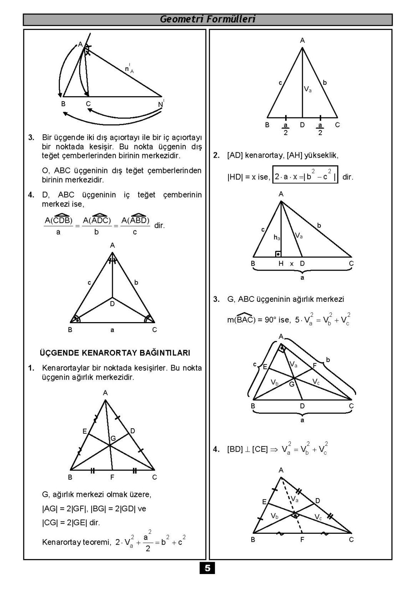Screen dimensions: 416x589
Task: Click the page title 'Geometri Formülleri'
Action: click(x=208, y=19)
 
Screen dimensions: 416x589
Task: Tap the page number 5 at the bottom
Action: click(x=208, y=568)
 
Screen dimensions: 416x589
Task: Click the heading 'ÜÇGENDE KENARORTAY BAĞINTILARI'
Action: click(x=115, y=352)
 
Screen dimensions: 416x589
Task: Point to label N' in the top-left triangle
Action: click(x=161, y=104)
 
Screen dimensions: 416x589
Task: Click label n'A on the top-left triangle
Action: click(x=129, y=69)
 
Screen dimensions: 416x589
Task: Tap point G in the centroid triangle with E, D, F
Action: click(x=113, y=438)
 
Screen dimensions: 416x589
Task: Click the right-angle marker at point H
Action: click(x=278, y=254)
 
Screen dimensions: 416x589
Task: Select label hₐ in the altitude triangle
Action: click(x=277, y=238)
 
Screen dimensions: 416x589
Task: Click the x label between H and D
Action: click(x=292, y=264)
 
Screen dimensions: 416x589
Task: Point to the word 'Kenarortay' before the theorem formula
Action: click(x=61, y=542)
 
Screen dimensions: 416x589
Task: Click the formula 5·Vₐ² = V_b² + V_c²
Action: click(x=323, y=319)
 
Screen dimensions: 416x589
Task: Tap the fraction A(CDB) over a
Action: click(x=58, y=225)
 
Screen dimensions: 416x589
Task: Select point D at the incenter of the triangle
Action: click(x=112, y=304)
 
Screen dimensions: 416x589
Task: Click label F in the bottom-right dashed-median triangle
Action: click(x=302, y=540)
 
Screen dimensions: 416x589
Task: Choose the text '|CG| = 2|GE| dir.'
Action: click(x=71, y=522)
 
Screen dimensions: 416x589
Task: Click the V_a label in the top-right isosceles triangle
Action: click(x=308, y=89)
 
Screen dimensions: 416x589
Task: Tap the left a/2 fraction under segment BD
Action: click(x=286, y=129)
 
